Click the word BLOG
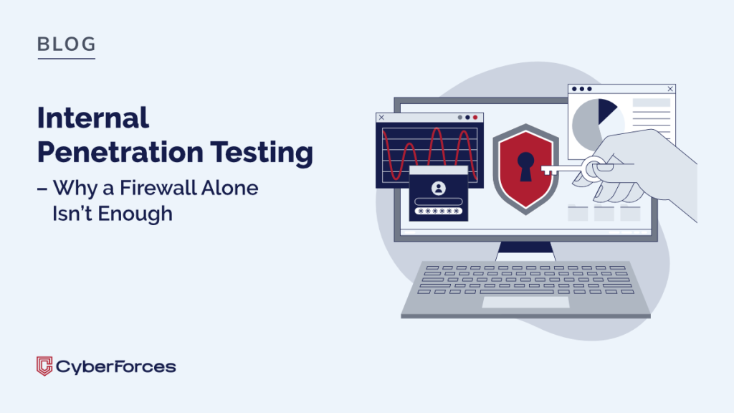click(x=67, y=44)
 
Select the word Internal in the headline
click(x=93, y=118)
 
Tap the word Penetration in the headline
click(x=120, y=152)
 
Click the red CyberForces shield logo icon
click(x=44, y=366)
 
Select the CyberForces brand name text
click(x=116, y=366)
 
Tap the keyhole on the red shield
click(x=525, y=166)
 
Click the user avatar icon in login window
click(x=439, y=189)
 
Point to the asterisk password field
click(x=439, y=212)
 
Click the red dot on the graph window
click(x=475, y=118)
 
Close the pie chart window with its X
click(x=670, y=88)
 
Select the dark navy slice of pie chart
click(x=606, y=110)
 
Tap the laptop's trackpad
click(x=525, y=302)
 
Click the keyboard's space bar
click(x=517, y=292)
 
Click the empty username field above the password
click(x=439, y=201)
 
